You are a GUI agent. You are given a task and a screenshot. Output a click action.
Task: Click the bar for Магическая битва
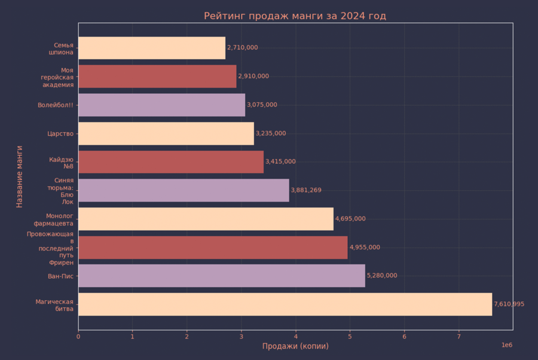[x=285, y=304]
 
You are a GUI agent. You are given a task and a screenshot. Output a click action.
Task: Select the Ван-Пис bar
[x=221, y=276]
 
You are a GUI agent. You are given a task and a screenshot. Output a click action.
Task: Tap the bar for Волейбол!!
[x=161, y=105]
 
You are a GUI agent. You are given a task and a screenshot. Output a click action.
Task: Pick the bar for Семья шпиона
[x=152, y=48]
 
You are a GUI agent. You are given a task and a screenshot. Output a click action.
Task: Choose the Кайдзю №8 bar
[x=171, y=161]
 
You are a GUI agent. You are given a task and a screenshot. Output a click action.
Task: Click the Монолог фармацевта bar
[x=206, y=219]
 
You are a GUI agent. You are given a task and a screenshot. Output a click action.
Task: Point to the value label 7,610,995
[x=509, y=304]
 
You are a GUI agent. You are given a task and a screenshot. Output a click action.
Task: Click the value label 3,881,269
[x=306, y=190]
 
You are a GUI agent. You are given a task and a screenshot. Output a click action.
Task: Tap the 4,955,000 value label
[x=365, y=248]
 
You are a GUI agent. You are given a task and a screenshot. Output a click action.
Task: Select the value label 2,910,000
[x=253, y=77]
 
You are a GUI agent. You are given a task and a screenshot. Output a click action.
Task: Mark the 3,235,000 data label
[x=271, y=133]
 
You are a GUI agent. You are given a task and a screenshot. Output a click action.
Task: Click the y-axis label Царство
[x=60, y=133]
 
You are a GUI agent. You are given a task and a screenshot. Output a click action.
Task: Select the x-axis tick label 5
[x=350, y=336]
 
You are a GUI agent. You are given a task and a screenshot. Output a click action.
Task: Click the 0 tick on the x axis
[x=78, y=336]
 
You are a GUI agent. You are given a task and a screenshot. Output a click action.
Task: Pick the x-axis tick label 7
[x=458, y=336]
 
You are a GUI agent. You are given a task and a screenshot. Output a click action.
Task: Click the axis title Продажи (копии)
[x=295, y=346]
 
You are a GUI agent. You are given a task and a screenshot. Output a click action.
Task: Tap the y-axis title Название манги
[x=19, y=176]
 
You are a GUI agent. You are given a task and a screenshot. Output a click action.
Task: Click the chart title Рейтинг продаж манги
[x=295, y=16]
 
